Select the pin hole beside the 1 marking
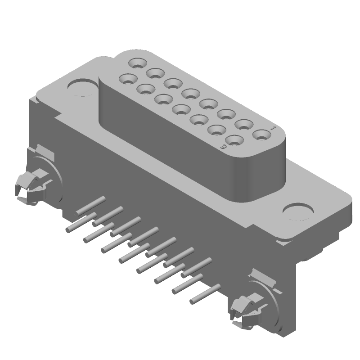[x=260, y=134]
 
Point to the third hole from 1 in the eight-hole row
[x=225, y=114]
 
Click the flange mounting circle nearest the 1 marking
[x=299, y=211]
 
